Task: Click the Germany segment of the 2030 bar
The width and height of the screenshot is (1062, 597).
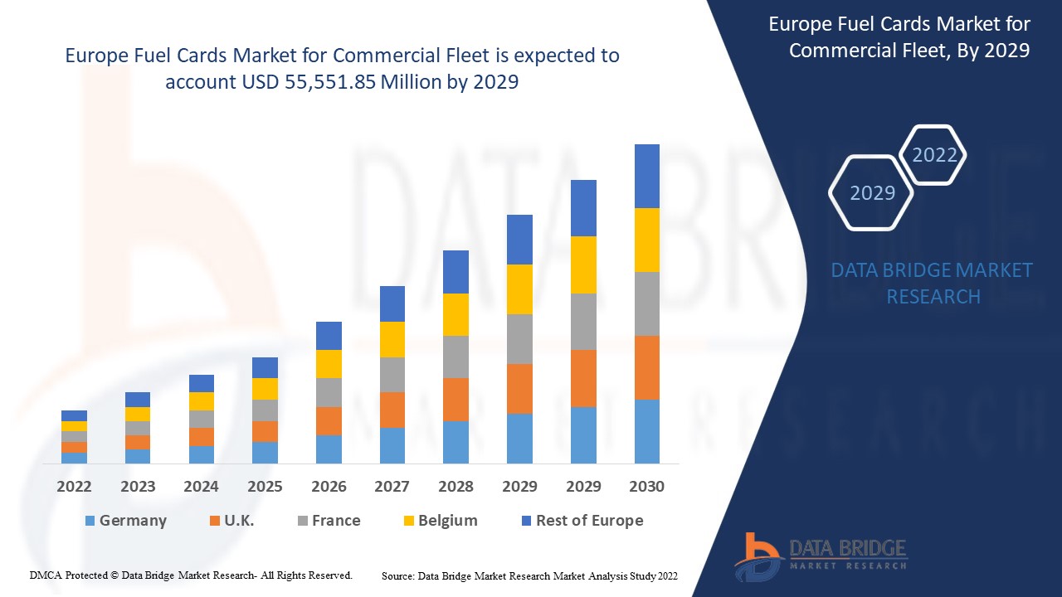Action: coord(646,431)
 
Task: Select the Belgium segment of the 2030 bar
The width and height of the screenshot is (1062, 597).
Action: coord(646,240)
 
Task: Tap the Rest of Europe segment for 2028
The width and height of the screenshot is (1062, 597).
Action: coord(455,272)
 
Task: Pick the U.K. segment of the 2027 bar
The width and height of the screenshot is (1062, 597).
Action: coord(392,410)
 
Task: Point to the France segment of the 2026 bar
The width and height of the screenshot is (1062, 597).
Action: coord(329,392)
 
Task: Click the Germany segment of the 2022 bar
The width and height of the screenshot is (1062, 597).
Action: coord(74,458)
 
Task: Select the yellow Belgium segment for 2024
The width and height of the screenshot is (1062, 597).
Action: coord(201,401)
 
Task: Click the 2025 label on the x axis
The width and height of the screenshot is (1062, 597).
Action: coord(265,487)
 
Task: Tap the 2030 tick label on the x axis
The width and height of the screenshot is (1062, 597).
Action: coord(646,487)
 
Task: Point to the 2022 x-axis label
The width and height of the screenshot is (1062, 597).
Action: coord(74,487)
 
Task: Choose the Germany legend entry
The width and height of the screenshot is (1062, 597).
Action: coord(125,521)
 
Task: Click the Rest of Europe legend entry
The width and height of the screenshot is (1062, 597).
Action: coord(582,521)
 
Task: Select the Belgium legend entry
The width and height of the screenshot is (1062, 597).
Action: coord(439,521)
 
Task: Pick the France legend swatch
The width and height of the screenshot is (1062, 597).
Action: coord(302,521)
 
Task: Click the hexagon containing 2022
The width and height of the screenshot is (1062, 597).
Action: coord(934,155)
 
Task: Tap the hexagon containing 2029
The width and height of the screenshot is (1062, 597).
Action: coord(872,192)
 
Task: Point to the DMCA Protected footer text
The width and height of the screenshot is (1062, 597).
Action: coord(191,575)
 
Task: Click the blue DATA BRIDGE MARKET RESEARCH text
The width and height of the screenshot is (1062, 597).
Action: coord(932,284)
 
